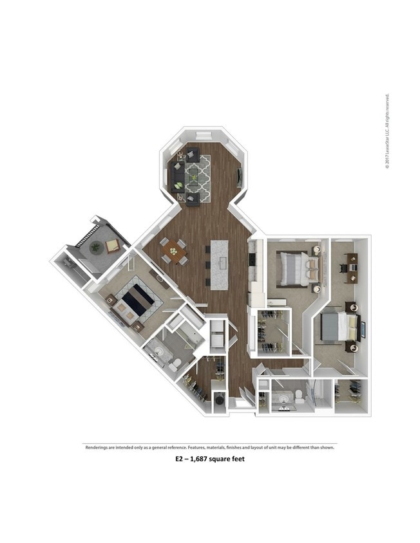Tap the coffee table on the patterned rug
(x=193, y=173)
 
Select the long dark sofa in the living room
(x=175, y=174)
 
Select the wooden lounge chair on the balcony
(x=112, y=245)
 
